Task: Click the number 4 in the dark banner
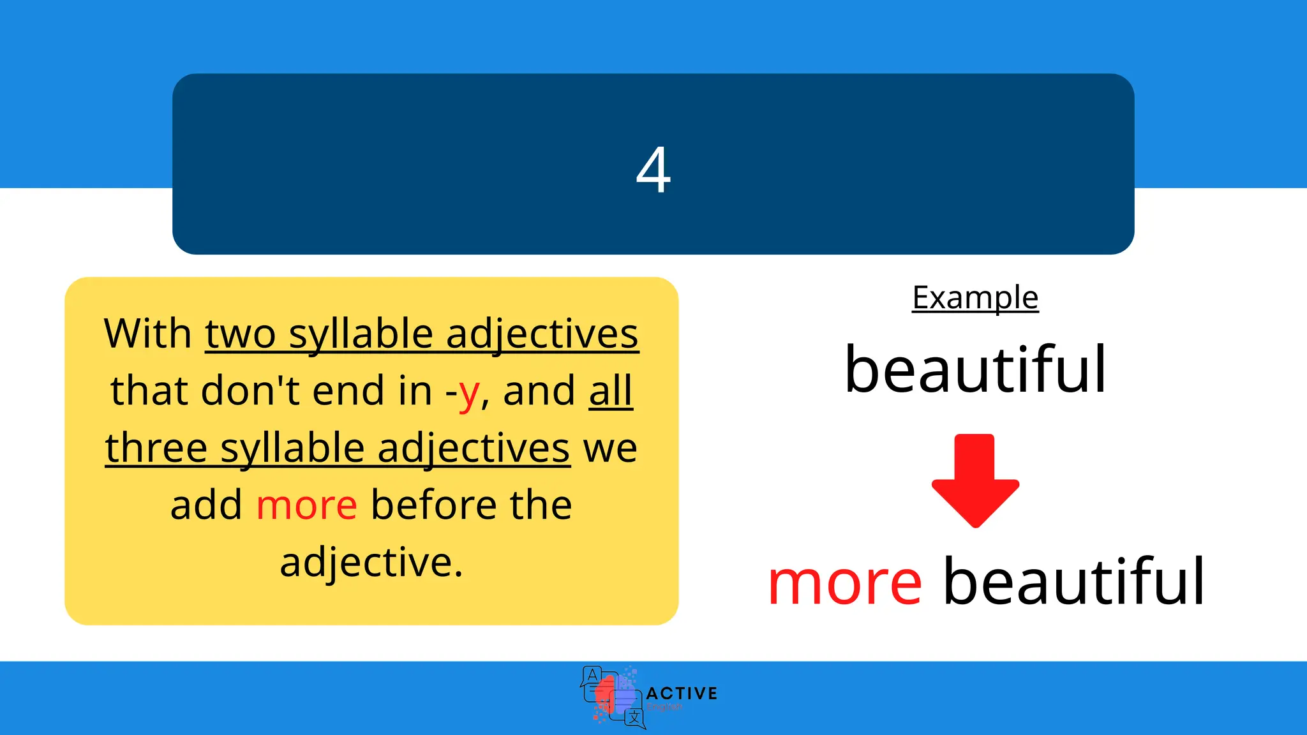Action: (x=653, y=170)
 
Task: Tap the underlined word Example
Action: (x=975, y=298)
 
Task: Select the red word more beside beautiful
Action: (x=845, y=583)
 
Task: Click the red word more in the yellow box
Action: (x=306, y=505)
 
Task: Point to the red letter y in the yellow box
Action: (x=469, y=392)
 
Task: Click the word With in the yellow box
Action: (x=147, y=334)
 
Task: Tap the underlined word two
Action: (x=240, y=334)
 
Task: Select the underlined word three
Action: (x=156, y=448)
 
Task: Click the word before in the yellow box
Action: (x=434, y=505)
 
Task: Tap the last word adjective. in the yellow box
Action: (x=371, y=563)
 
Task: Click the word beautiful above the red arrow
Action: (x=975, y=370)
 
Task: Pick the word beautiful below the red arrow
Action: (x=1074, y=583)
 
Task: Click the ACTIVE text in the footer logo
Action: (x=682, y=693)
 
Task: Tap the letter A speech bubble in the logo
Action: (x=592, y=676)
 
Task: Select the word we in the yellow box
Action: (x=610, y=448)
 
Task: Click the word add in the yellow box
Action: (x=206, y=505)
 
